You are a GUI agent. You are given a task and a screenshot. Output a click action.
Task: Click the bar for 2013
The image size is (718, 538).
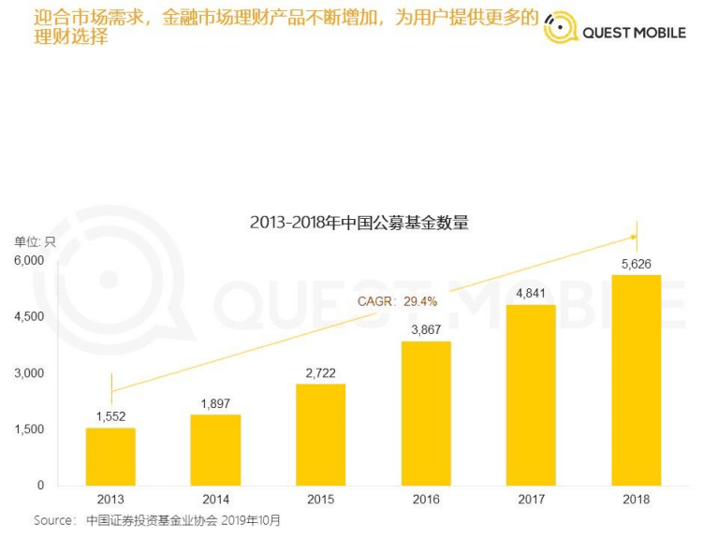click(x=110, y=457)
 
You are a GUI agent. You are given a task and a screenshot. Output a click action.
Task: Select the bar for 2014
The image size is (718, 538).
click(x=215, y=450)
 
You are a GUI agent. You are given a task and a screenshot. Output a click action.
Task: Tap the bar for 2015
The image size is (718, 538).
click(x=320, y=434)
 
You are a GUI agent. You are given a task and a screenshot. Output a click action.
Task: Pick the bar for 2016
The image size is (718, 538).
click(x=426, y=413)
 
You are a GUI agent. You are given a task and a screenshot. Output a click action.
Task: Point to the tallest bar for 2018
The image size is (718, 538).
click(x=636, y=380)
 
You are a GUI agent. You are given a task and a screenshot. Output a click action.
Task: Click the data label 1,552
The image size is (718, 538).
click(x=110, y=416)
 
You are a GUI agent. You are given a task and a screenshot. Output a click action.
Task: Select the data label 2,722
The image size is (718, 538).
click(x=320, y=372)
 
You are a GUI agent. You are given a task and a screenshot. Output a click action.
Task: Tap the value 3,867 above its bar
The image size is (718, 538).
click(x=426, y=329)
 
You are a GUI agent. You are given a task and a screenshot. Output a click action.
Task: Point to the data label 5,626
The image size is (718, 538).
click(x=636, y=264)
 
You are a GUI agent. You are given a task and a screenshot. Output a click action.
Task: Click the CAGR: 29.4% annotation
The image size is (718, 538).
click(x=397, y=301)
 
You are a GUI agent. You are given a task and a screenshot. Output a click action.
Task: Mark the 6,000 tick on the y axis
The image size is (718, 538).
click(x=28, y=260)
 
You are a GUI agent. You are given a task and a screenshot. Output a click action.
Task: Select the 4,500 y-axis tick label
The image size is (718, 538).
click(x=28, y=316)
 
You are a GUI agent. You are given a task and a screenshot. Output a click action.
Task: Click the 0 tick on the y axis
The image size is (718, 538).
click(x=40, y=486)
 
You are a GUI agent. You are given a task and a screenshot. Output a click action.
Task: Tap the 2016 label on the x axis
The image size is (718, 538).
click(x=426, y=500)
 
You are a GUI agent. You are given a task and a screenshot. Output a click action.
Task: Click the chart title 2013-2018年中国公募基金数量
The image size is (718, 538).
click(x=359, y=223)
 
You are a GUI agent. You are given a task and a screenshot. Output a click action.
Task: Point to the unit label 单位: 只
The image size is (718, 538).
click(x=35, y=241)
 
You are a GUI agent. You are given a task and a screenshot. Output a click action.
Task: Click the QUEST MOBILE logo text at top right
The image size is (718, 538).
click(x=634, y=33)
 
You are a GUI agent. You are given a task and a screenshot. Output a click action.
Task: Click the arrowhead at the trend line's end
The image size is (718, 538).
click(x=634, y=237)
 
